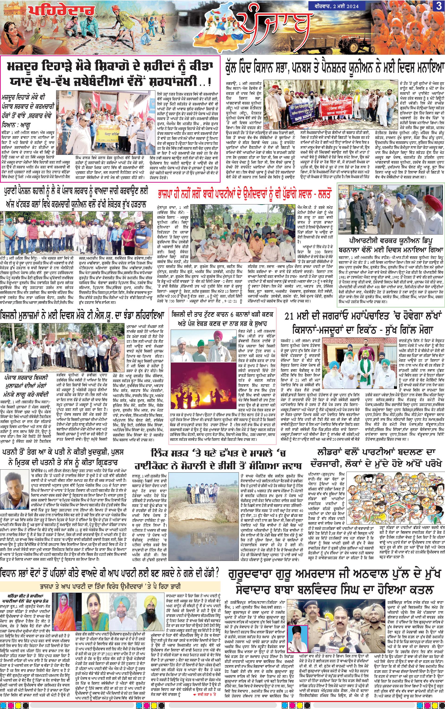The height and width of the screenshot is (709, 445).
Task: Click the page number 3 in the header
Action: (x=438, y=6)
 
